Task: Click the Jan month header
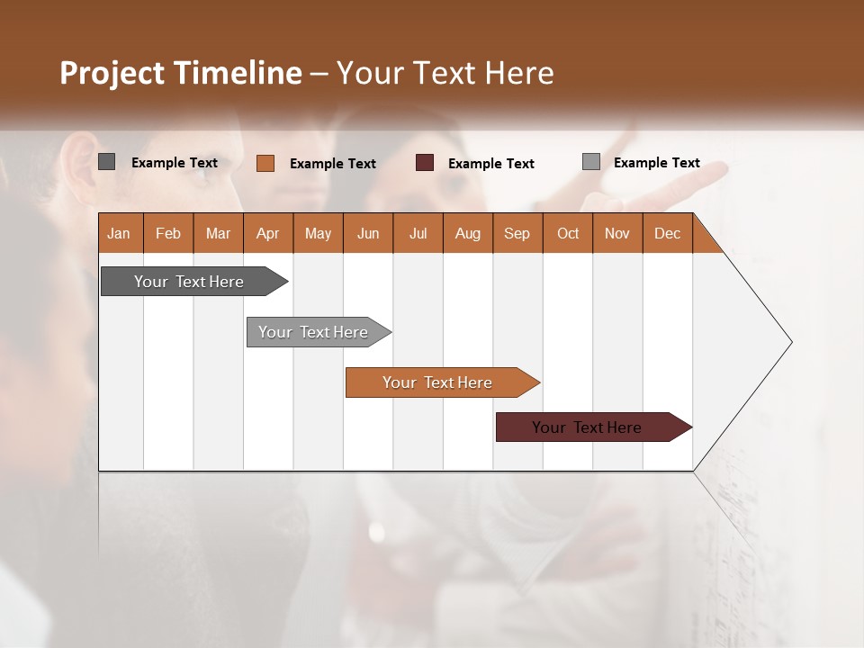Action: pos(120,233)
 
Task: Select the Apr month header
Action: pos(268,233)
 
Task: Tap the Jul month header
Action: pos(418,233)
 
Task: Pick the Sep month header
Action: pos(517,233)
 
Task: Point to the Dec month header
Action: pos(667,233)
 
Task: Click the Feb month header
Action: pos(168,233)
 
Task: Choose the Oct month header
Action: pos(568,233)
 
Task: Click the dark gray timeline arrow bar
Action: pos(189,282)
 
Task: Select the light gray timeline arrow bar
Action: pos(313,332)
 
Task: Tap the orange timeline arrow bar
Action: pos(437,382)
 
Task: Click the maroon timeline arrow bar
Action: pos(587,427)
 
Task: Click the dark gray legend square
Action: pos(106,162)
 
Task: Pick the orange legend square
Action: pos(265,163)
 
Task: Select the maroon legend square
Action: pos(425,163)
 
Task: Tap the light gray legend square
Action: pos(590,162)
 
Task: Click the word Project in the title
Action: pos(112,73)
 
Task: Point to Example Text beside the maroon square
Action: pos(490,164)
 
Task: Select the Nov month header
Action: pos(617,233)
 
